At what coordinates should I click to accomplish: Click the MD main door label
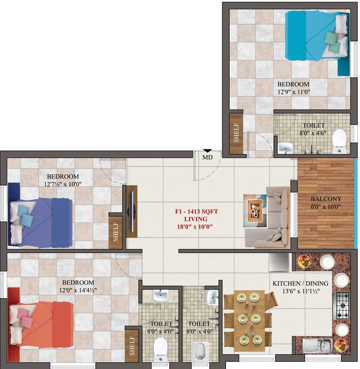click(207, 157)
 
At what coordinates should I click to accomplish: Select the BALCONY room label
click(325, 199)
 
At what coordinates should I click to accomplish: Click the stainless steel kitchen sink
click(318, 345)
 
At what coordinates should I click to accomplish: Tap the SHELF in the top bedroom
click(236, 134)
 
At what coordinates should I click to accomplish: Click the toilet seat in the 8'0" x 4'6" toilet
click(339, 139)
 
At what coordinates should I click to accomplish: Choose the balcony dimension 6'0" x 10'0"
click(325, 207)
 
